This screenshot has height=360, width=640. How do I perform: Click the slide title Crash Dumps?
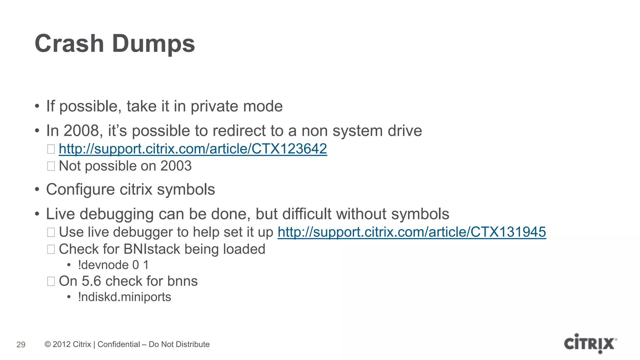click(x=115, y=44)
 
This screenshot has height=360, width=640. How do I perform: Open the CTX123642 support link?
click(x=193, y=149)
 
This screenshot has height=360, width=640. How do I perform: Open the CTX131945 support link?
click(x=412, y=232)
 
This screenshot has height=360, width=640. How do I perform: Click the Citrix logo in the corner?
click(x=590, y=343)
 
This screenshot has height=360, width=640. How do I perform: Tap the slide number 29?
click(x=21, y=345)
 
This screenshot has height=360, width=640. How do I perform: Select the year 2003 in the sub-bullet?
click(x=176, y=166)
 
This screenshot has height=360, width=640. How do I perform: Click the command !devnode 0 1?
click(x=113, y=265)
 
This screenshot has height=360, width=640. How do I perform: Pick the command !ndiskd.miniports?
click(x=124, y=297)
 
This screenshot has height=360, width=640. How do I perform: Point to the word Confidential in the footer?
click(x=119, y=344)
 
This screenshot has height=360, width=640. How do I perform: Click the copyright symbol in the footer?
click(x=48, y=344)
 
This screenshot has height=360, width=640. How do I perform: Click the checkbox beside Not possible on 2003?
click(x=51, y=166)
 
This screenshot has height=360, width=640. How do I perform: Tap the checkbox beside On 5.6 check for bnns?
click(x=51, y=281)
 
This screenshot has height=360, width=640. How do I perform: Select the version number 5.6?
click(x=91, y=281)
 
